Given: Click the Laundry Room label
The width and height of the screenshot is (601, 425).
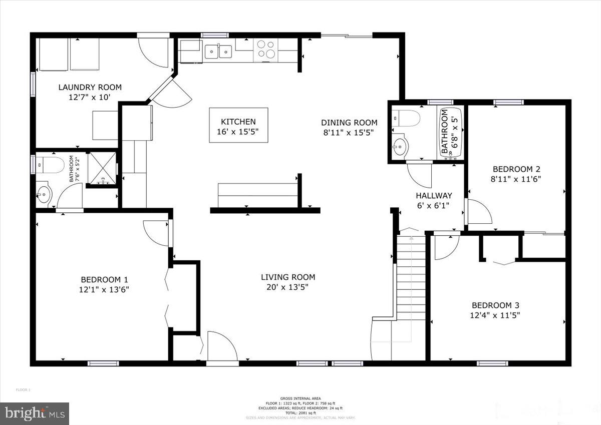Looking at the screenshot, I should pyautogui.click(x=90, y=87).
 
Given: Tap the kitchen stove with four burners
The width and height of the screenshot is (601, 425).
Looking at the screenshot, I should pyautogui.click(x=266, y=50).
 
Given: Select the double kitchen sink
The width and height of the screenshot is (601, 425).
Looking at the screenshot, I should pyautogui.click(x=218, y=50).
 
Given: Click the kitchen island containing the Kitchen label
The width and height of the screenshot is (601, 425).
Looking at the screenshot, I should pyautogui.click(x=238, y=126).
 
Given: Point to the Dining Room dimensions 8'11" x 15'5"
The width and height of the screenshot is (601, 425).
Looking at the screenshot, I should pyautogui.click(x=349, y=132).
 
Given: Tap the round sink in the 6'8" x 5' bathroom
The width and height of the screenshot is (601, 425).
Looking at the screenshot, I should pyautogui.click(x=401, y=147).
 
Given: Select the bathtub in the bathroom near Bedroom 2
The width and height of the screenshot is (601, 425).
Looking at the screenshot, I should pyautogui.click(x=449, y=133).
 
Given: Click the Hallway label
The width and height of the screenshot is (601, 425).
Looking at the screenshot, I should pyautogui.click(x=434, y=196).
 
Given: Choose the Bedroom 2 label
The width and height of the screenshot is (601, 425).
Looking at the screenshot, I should pyautogui.click(x=516, y=169).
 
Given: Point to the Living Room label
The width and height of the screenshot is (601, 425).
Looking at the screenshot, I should pyautogui.click(x=288, y=277).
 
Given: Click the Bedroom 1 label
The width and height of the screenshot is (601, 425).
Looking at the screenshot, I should pyautogui.click(x=101, y=279).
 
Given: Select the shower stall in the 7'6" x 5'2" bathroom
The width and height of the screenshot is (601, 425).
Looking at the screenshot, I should pyautogui.click(x=102, y=169).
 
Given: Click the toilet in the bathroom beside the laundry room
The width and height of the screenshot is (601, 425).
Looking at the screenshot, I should pyautogui.click(x=48, y=164).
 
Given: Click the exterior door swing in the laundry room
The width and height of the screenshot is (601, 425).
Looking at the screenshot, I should pyautogui.click(x=153, y=53).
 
